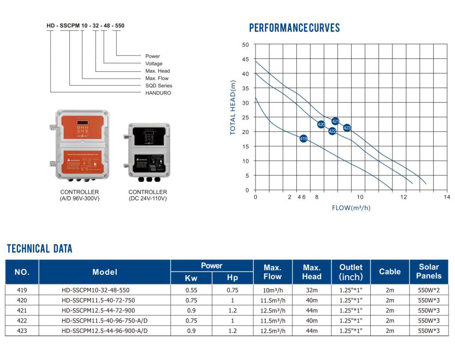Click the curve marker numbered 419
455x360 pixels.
tap(303, 138)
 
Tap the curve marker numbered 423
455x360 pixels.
tap(347, 128)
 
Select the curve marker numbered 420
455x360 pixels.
tap(321, 125)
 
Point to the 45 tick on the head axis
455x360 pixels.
tap(245, 59)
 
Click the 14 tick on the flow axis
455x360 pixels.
tap(446, 197)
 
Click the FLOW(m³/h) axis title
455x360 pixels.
tap(351, 208)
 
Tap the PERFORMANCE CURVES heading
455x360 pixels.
tap(294, 28)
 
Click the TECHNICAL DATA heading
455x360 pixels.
tap(40, 249)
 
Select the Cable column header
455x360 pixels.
tap(390, 272)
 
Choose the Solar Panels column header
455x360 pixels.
tap(428, 272)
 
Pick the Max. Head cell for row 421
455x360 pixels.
tap(312, 310)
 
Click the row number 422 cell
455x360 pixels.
tap(22, 321)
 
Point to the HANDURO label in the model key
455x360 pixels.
tap(158, 93)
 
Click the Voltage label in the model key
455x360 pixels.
tap(154, 64)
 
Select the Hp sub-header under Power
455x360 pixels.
tap(232, 278)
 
